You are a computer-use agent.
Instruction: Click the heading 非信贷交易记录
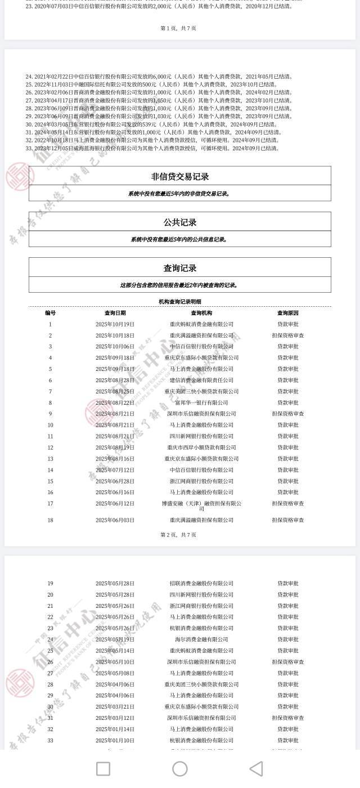pyautogui.click(x=180, y=176)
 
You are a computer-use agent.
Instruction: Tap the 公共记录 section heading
pyautogui.click(x=180, y=222)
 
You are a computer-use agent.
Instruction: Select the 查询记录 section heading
pyautogui.click(x=180, y=268)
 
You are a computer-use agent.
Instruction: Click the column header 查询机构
pyautogui.click(x=201, y=313)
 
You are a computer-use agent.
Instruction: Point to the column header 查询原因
pyautogui.click(x=288, y=313)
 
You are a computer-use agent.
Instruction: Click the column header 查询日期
pyautogui.click(x=115, y=313)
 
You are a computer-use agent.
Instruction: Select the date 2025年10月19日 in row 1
pyautogui.click(x=115, y=324)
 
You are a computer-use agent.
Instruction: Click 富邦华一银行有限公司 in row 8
pyautogui.click(x=201, y=402)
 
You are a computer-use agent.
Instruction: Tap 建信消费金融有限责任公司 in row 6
pyautogui.click(x=201, y=380)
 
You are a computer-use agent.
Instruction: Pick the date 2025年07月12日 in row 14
pyautogui.click(x=115, y=470)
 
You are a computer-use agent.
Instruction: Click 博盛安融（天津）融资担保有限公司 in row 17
pyautogui.click(x=201, y=506)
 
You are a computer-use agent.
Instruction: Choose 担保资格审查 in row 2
pyautogui.click(x=288, y=335)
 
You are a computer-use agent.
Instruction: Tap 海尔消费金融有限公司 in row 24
pyautogui.click(x=201, y=639)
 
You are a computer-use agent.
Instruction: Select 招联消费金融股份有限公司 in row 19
pyautogui.click(x=201, y=583)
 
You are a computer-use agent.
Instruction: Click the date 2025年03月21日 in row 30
pyautogui.click(x=115, y=707)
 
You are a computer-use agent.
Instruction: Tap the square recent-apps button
pyautogui.click(x=103, y=769)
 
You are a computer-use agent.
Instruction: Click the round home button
pyautogui.click(x=180, y=769)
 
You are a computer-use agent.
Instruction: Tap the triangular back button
pyautogui.click(x=256, y=769)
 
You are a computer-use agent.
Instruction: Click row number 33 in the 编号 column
pyautogui.click(x=50, y=740)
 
